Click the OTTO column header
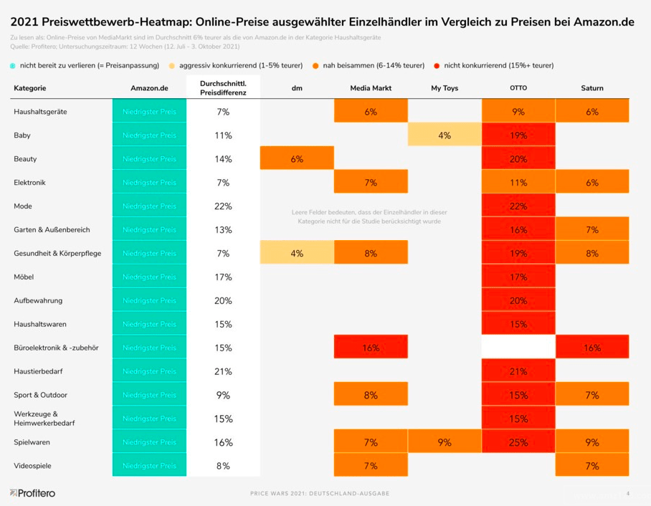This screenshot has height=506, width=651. (518, 88)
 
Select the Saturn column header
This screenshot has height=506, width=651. (591, 88)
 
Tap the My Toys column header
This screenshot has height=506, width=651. (444, 88)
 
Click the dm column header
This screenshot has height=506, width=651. (297, 88)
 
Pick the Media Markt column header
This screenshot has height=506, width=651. (370, 88)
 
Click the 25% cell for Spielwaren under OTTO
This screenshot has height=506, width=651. (518, 442)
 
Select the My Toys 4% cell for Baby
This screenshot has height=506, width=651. (444, 135)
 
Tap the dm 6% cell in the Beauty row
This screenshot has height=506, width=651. (297, 159)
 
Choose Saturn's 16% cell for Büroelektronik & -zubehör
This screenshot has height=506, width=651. (591, 348)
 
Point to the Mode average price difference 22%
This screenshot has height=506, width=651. (223, 206)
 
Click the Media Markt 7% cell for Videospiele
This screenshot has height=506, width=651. (370, 466)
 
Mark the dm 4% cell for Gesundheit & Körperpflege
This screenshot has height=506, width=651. (297, 253)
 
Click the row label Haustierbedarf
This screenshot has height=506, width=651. (38, 371)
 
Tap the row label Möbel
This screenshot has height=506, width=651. (24, 277)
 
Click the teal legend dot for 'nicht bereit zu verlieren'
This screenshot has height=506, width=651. (14, 66)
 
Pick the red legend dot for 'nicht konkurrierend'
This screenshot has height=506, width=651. (437, 66)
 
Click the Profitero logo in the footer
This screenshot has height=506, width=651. (32, 493)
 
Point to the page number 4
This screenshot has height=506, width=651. (628, 493)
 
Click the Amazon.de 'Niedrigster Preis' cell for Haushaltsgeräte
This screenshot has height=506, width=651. (149, 112)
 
